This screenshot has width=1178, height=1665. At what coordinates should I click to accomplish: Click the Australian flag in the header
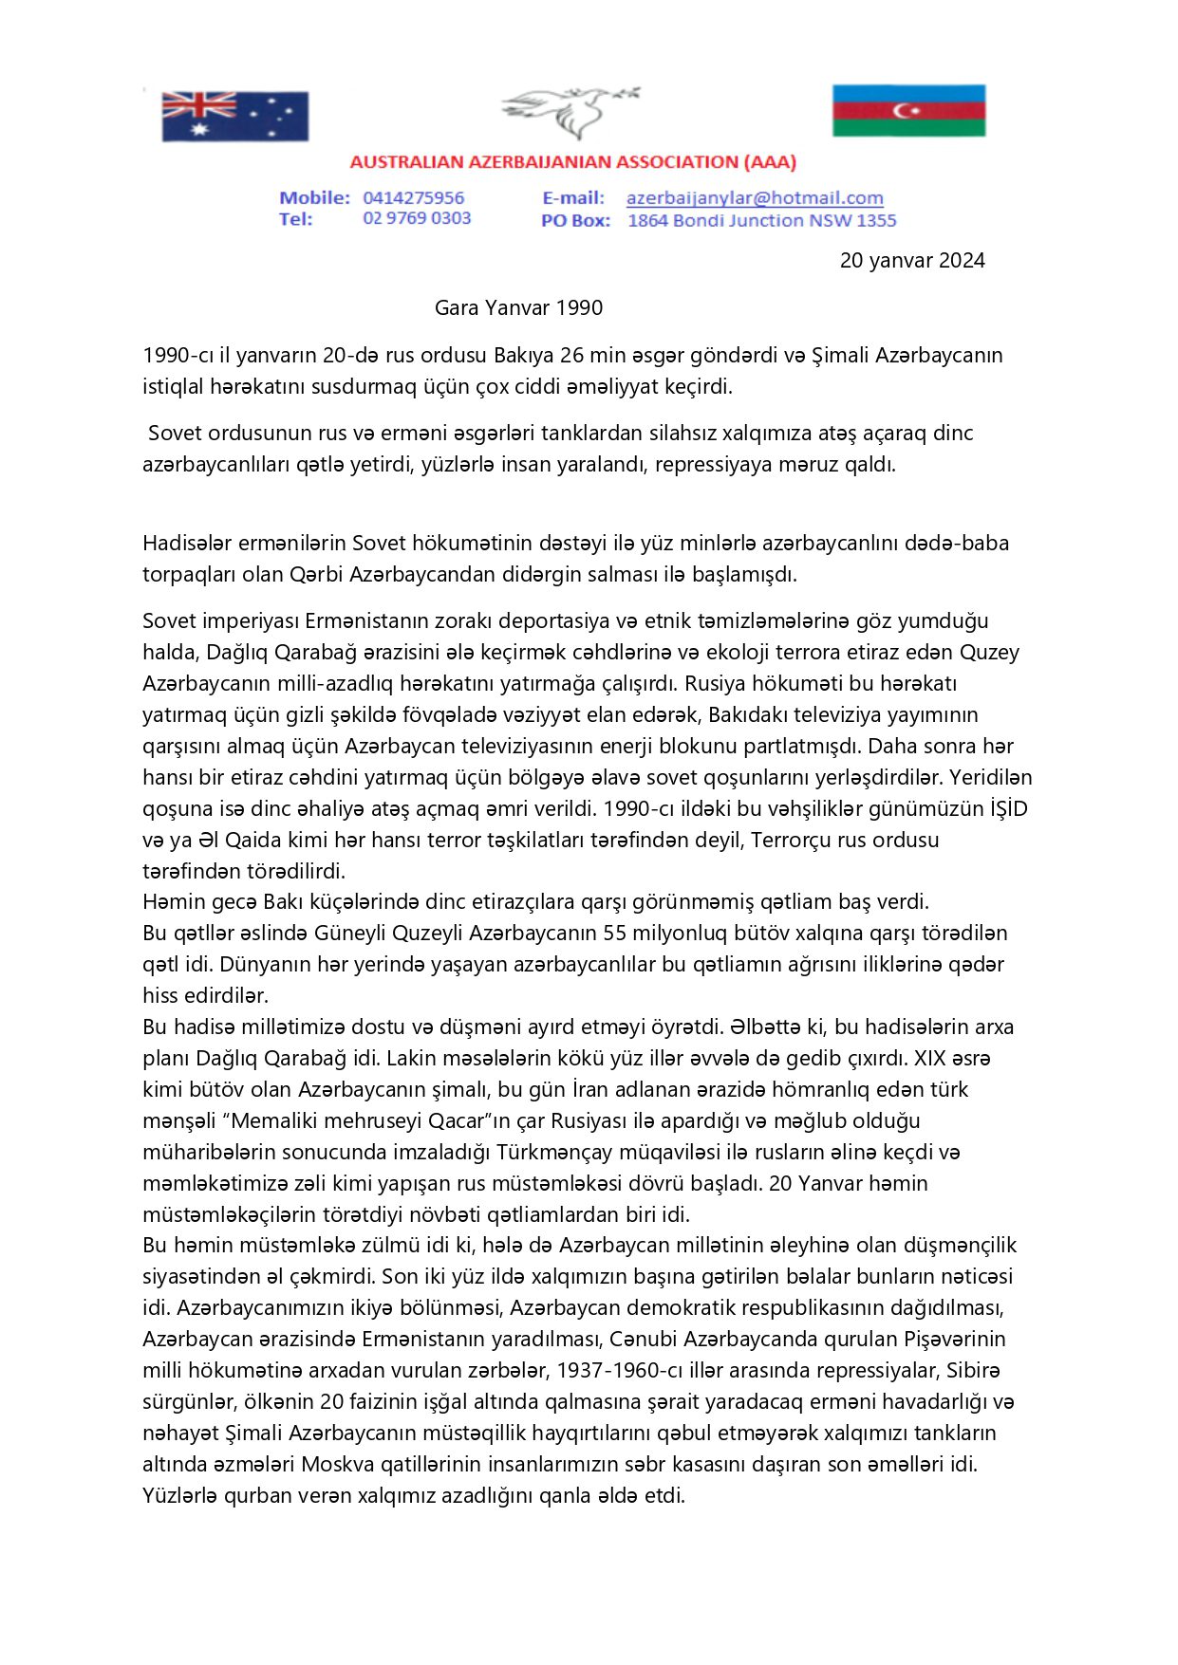click(234, 116)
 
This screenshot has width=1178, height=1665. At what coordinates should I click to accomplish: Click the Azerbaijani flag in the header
click(908, 111)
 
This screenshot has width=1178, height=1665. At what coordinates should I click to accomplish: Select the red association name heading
click(572, 162)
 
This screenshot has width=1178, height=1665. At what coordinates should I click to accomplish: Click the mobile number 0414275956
click(413, 198)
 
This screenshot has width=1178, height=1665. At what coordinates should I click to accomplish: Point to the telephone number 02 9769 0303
click(417, 218)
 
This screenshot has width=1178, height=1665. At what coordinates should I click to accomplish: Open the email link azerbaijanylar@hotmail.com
click(755, 198)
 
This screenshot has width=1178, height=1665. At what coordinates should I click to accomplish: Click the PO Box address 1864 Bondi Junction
click(761, 220)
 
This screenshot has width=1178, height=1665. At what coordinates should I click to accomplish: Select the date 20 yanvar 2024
click(911, 261)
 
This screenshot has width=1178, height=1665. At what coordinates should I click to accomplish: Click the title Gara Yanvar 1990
click(518, 307)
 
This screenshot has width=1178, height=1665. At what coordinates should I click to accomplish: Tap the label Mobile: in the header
click(314, 198)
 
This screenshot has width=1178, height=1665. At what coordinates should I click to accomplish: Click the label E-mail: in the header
click(573, 198)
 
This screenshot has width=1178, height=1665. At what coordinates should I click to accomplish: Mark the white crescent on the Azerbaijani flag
click(905, 111)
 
